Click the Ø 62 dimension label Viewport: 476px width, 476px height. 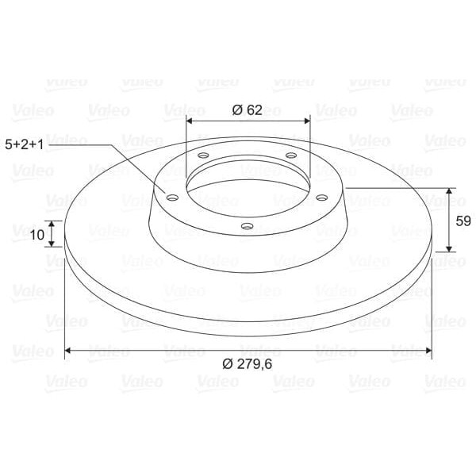tap(248, 110)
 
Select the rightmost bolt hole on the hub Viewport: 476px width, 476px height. tap(322, 198)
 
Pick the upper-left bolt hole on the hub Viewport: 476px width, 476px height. tap(204, 155)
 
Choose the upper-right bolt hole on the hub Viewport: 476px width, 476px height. tap(291, 155)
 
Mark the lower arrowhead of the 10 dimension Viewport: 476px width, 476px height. tap(52, 244)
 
